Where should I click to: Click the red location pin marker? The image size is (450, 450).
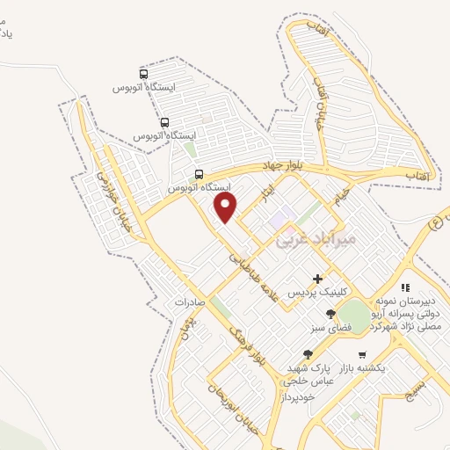226,207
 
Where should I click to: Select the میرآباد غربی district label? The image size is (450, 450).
315,237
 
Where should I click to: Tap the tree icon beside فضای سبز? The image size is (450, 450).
330,314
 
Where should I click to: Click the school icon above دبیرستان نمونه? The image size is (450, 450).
405,287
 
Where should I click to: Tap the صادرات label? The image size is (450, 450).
189,301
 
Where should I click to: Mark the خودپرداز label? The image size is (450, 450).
297,396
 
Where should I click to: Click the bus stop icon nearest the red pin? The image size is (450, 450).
199,174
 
